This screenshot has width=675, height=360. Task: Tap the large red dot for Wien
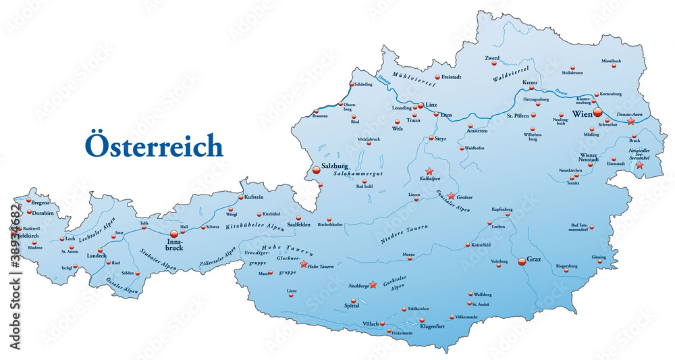tap(597, 113)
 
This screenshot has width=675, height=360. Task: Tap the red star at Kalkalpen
tap(429, 172)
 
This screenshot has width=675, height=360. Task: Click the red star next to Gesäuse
tap(451, 196)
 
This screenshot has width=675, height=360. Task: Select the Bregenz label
tap(40, 202)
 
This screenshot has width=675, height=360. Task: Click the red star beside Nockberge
tap(373, 284)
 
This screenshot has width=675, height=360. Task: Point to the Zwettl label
tap(491, 58)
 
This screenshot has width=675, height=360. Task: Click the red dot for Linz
tap(420, 105)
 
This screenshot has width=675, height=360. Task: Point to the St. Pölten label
tap(518, 115)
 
